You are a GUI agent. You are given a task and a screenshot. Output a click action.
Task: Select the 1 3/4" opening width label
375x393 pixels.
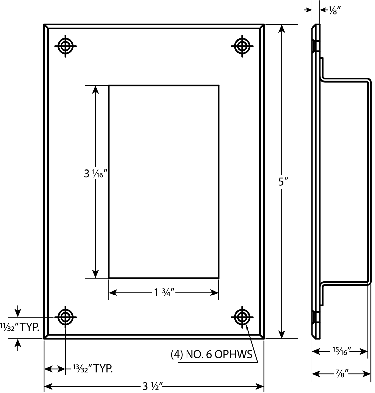tap(164, 293)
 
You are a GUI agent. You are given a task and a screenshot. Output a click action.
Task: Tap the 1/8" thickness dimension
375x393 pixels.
tap(332, 11)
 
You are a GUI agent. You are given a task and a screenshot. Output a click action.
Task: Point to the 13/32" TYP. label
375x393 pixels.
tap(93, 368)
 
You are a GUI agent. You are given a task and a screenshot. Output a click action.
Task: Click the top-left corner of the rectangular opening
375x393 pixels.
tap(109, 85)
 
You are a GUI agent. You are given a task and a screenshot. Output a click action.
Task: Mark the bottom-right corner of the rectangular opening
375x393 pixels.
tap(219, 278)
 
